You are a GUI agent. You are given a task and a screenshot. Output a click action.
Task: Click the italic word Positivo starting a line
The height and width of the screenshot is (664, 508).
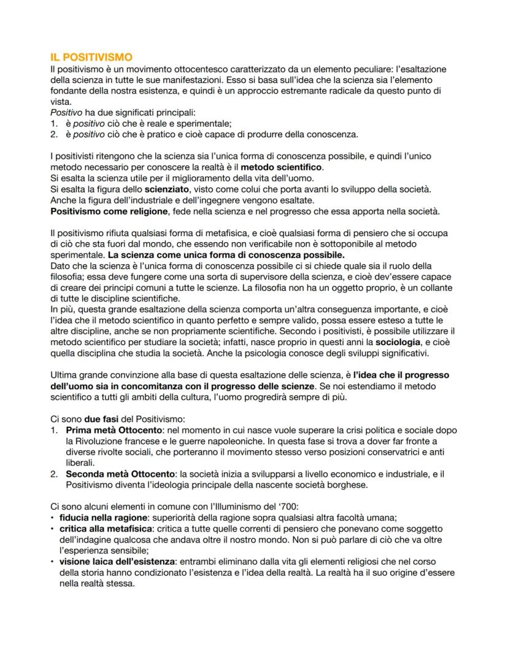[x=67, y=112]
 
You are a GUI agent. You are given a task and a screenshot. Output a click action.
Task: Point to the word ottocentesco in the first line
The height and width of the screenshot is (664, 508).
[x=196, y=69]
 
